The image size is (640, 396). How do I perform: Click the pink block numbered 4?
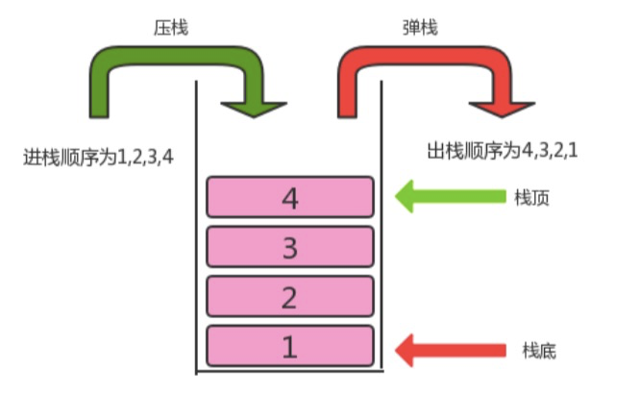(x=289, y=197)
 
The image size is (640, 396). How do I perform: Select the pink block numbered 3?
(x=289, y=247)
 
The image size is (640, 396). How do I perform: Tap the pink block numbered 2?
(x=289, y=297)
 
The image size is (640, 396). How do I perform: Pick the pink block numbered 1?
(x=289, y=346)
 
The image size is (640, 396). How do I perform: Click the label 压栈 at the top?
(x=170, y=28)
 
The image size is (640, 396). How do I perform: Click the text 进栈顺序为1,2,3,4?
(x=97, y=155)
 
